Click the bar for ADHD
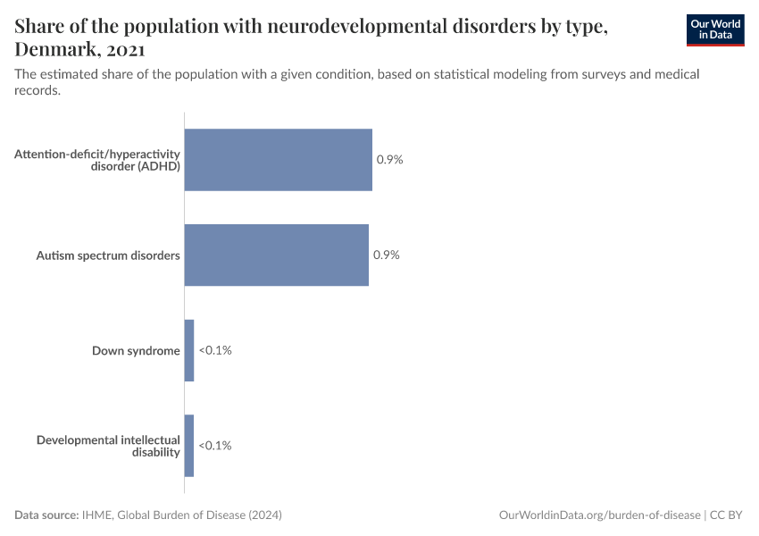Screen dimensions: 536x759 (278, 160)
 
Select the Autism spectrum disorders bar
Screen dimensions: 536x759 (276, 255)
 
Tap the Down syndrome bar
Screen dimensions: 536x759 (189, 350)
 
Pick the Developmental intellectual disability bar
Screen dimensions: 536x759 (189, 445)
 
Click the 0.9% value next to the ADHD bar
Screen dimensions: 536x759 (390, 160)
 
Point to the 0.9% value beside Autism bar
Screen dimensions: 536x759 (387, 255)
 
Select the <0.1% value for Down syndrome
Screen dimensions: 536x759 (215, 350)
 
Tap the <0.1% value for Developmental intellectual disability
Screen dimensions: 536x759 (215, 445)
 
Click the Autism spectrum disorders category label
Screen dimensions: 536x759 (108, 255)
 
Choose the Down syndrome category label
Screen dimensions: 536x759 (136, 350)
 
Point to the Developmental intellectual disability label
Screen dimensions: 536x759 (108, 445)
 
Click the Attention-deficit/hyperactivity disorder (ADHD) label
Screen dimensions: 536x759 (97, 160)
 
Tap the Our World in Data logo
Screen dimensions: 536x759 (715, 29)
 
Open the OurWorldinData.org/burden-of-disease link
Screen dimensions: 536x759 (599, 515)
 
